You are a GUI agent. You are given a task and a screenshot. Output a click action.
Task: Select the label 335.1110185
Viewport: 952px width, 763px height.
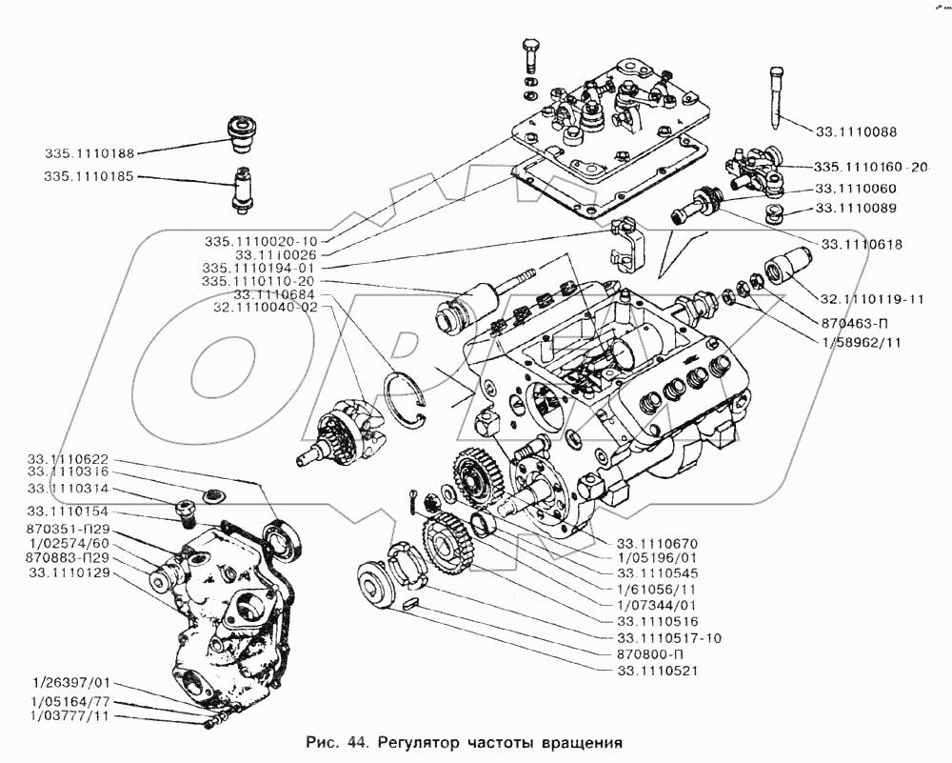pos(88,177)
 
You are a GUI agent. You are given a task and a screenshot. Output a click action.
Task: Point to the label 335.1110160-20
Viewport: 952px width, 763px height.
pos(870,167)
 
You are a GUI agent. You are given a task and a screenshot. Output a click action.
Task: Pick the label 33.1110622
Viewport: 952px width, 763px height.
pos(69,458)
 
